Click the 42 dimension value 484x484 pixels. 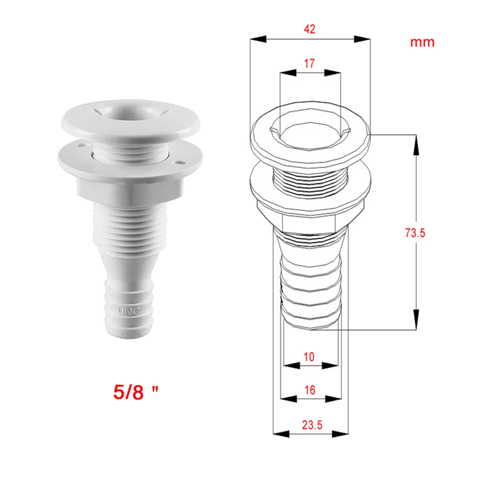click(310, 29)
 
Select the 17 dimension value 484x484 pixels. click(310, 63)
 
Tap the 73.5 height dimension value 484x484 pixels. click(415, 233)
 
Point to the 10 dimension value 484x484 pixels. click(309, 357)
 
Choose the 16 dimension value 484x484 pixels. click(310, 390)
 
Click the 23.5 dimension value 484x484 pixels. click(311, 425)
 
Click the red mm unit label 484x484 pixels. click(422, 42)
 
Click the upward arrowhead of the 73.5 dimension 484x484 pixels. click(416, 144)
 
